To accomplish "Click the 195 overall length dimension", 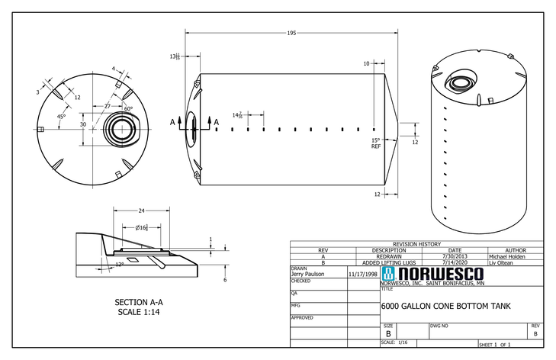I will coord(291,33).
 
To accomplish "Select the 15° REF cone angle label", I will coord(375,143).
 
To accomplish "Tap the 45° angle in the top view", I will coord(60,117).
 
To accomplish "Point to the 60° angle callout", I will coord(128,109).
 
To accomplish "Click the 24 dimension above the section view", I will coord(141,210).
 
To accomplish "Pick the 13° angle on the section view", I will coord(119,265).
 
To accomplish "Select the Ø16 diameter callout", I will coord(141,228).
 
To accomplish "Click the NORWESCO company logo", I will coord(432,274).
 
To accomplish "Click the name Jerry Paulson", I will coord(307,273).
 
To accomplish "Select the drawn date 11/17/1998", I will coord(362,273).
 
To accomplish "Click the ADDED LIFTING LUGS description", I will coord(388,262).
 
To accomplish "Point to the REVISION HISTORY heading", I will coord(416,244).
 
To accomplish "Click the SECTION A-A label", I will coord(139,303).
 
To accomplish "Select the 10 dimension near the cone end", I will coord(366,63).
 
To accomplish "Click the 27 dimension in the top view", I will coord(108,106).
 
